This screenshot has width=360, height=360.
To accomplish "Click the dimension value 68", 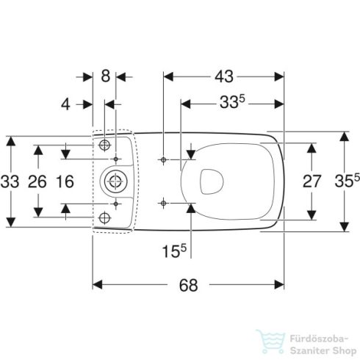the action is click(x=188, y=285).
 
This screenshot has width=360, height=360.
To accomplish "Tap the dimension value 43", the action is click(x=224, y=76).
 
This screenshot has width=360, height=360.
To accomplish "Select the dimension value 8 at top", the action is click(x=106, y=76).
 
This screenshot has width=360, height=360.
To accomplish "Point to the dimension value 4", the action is click(x=65, y=104).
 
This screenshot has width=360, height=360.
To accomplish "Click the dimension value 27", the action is click(x=312, y=181).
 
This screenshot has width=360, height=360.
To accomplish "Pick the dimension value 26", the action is click(x=37, y=181).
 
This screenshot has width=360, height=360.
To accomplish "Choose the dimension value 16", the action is click(x=65, y=181).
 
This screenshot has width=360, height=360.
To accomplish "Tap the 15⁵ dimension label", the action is click(x=174, y=251).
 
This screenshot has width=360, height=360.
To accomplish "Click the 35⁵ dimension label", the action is click(x=348, y=181).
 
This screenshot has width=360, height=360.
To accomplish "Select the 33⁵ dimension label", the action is click(x=232, y=101).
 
